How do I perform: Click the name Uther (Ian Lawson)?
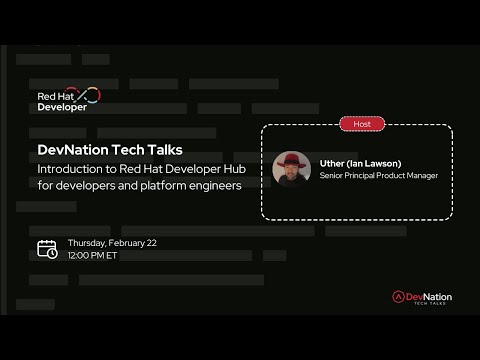(362, 162)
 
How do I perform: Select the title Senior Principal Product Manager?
(379, 176)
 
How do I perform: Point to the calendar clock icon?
(47, 249)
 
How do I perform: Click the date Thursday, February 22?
(112, 243)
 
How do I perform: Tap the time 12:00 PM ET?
(93, 256)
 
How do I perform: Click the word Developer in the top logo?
(62, 107)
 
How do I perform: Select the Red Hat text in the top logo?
(55, 96)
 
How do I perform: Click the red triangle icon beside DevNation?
(398, 297)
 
